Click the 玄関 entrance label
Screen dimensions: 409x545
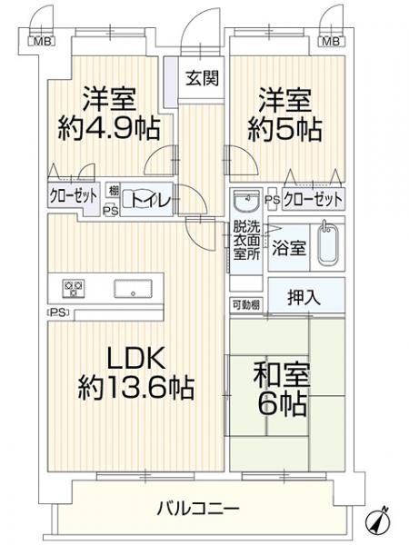[202, 78]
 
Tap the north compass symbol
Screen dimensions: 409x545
[379, 520]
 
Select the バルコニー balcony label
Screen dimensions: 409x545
[198, 509]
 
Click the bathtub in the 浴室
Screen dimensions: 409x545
[327, 243]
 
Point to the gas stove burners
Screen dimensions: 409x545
[74, 289]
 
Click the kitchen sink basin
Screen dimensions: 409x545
[133, 289]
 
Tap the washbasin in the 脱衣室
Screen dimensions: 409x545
[246, 201]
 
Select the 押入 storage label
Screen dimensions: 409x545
[304, 297]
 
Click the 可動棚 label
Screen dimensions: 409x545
[246, 305]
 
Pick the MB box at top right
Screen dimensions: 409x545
[331, 42]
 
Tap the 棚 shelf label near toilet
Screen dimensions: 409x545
[114, 191]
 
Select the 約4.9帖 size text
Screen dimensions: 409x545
[109, 128]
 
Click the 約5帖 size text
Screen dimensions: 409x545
[284, 129]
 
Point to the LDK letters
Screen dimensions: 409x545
[135, 359]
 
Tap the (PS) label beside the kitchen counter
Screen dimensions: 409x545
[58, 312]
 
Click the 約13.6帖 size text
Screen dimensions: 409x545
[136, 387]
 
